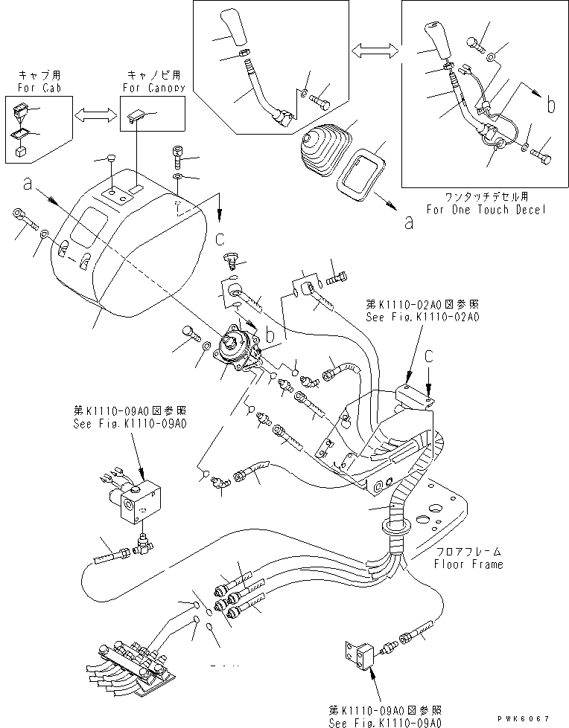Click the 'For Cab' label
[36, 88]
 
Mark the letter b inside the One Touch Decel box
[550, 106]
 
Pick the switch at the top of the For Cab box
[21, 112]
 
